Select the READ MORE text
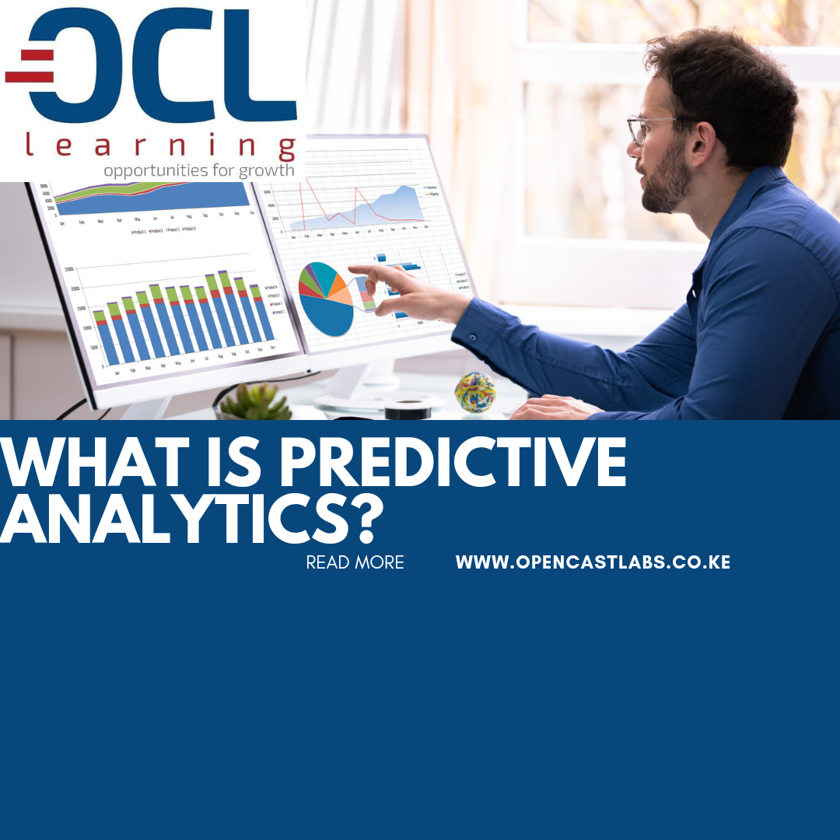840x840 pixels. [x=355, y=562]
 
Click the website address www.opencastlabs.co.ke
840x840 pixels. [x=593, y=562]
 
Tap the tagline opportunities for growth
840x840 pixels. [x=199, y=170]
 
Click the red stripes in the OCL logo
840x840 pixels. [x=29, y=66]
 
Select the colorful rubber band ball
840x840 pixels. [x=474, y=390]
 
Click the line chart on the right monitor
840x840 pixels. [x=358, y=205]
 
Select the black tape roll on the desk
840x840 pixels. [x=408, y=409]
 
